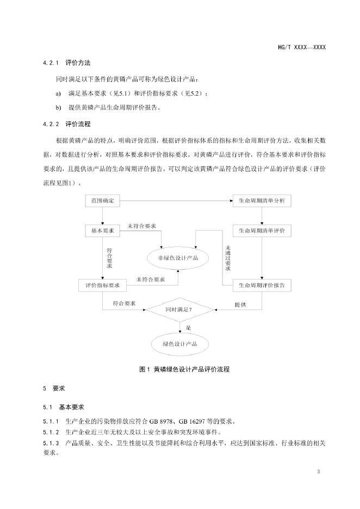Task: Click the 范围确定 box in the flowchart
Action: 103,201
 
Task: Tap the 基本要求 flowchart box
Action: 103,231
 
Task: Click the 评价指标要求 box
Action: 103,285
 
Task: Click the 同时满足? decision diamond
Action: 179,309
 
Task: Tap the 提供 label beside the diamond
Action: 240,305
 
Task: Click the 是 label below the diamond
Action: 188,327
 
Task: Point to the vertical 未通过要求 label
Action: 228,258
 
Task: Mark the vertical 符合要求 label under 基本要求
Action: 110,258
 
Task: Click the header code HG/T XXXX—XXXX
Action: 301,48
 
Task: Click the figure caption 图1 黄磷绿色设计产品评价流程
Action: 179,369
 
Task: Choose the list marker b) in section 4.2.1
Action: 58,107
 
